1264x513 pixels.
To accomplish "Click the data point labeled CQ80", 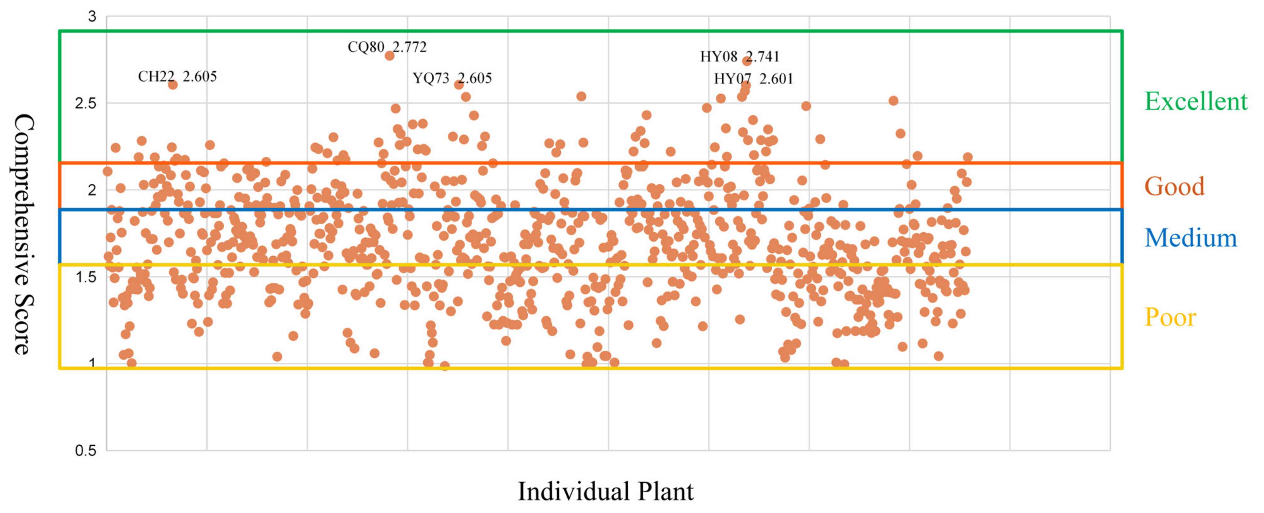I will (390, 55).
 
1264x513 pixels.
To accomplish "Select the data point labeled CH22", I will (173, 84).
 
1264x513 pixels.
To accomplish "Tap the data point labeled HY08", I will (747, 61).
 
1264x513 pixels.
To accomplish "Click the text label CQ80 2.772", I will (387, 47).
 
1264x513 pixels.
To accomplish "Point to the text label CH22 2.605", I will (177, 77).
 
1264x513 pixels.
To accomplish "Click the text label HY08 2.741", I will (739, 57).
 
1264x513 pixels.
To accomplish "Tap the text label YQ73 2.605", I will (452, 78).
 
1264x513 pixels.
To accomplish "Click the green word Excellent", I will (1196, 102).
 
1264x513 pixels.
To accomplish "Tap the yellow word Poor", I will (1170, 318).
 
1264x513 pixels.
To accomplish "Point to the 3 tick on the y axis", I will (92, 17).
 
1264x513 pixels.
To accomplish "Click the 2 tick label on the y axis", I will (92, 190).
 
